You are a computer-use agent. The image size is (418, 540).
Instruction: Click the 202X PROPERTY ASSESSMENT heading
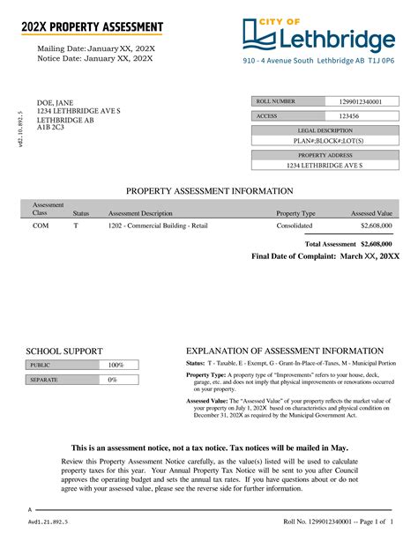(x=93, y=27)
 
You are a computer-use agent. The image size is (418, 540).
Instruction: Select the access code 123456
(x=349, y=116)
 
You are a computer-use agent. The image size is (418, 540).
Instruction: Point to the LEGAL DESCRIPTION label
(x=324, y=130)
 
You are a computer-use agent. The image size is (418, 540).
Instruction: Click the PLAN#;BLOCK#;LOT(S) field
(x=324, y=141)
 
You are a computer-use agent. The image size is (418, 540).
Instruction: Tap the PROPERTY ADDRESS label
(x=324, y=154)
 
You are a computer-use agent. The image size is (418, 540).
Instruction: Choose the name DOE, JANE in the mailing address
(x=55, y=103)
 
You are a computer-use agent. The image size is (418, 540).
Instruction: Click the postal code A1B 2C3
(x=50, y=128)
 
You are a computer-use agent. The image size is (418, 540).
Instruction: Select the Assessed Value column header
(x=371, y=213)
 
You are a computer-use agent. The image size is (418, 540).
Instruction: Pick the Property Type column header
(x=295, y=213)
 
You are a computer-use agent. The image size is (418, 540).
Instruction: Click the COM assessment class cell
(x=41, y=226)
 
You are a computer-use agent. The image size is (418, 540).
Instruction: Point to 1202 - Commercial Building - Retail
(x=158, y=226)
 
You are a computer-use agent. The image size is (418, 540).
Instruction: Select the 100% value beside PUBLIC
(x=116, y=365)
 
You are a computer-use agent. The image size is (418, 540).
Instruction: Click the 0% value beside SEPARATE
(x=112, y=380)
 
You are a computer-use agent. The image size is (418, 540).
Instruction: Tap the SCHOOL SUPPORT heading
(x=64, y=351)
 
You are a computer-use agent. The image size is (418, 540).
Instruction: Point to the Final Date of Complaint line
(x=325, y=255)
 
